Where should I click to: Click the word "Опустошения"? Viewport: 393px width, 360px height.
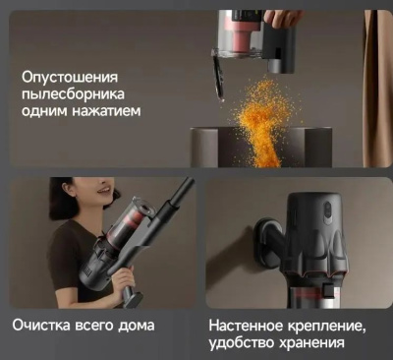(x=70, y=79)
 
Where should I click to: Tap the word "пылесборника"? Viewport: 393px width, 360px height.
(x=73, y=94)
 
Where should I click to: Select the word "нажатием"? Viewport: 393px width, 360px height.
(x=106, y=110)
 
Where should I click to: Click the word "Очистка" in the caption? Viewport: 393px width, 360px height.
(x=41, y=326)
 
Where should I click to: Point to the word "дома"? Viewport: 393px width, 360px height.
(x=136, y=326)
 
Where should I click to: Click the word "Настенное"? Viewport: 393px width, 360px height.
(x=246, y=326)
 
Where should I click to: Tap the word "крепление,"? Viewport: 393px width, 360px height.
(x=327, y=327)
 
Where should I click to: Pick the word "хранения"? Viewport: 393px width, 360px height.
(x=312, y=344)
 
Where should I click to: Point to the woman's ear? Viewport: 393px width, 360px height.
(x=68, y=189)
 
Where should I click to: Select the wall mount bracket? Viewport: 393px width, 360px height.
(x=268, y=243)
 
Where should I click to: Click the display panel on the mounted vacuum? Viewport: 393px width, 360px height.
(x=327, y=214)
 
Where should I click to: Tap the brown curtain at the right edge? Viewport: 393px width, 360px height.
(x=376, y=89)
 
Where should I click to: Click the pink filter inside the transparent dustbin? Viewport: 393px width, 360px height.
(x=244, y=39)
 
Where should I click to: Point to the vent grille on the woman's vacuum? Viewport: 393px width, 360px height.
(x=86, y=271)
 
